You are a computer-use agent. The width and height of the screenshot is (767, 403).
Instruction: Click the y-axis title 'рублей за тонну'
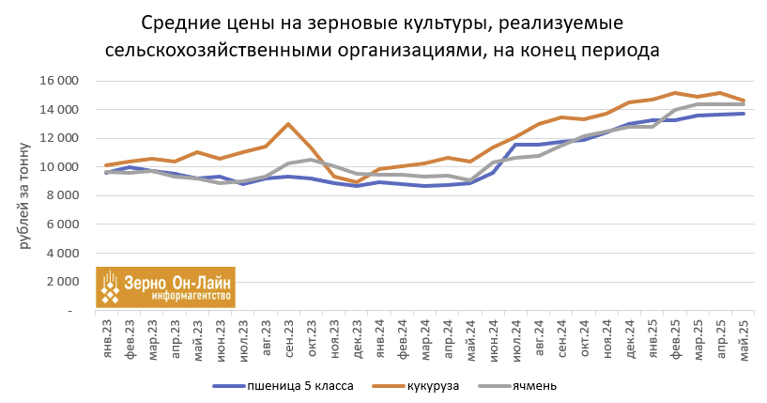pos(24,195)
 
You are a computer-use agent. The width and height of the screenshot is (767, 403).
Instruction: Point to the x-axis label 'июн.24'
pos(493,337)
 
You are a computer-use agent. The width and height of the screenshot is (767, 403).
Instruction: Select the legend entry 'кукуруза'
pos(433,385)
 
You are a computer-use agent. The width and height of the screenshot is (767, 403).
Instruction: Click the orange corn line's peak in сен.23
pos(288,124)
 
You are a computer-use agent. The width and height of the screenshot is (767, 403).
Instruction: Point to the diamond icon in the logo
pos(112,287)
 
